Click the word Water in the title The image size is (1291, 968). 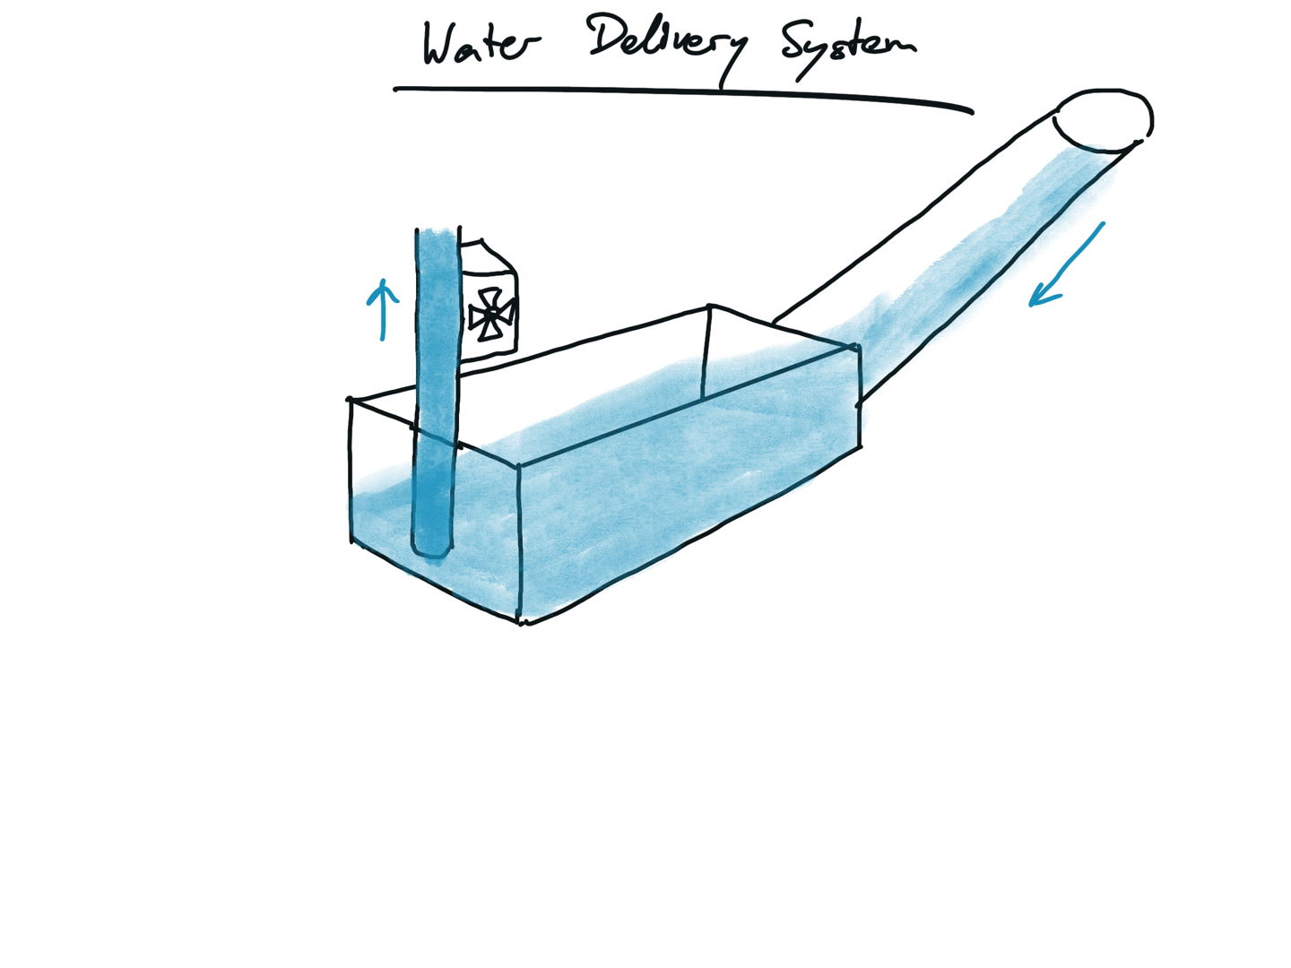(482, 45)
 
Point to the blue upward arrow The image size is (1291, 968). (383, 309)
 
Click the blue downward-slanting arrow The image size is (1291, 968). (1067, 264)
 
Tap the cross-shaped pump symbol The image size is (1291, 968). (491, 315)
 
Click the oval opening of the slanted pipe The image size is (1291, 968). (1104, 120)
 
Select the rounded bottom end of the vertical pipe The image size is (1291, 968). (431, 545)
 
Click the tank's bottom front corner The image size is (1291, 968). (521, 620)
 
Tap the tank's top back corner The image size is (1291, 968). (709, 307)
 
